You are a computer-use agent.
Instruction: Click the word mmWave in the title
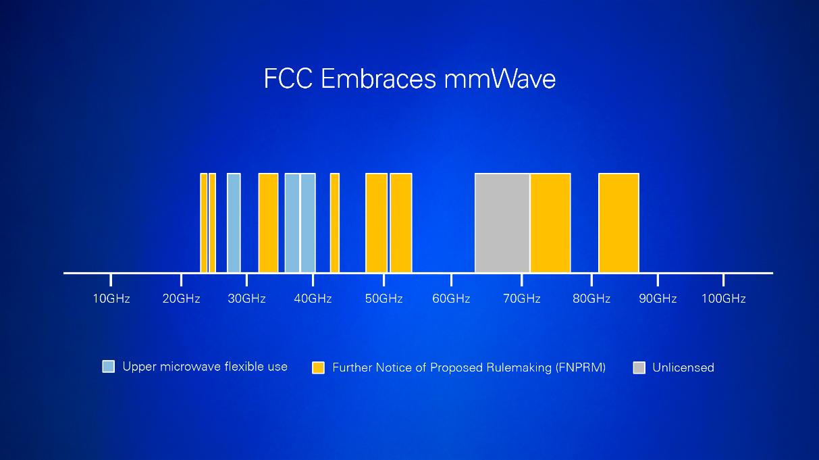click(500, 79)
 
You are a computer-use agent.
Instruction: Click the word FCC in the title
click(289, 79)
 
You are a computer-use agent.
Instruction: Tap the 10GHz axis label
click(111, 299)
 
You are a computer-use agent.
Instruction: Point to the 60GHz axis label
click(451, 299)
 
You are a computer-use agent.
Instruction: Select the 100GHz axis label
click(723, 299)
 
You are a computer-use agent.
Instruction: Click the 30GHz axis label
click(246, 299)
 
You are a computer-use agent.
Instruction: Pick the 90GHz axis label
click(658, 299)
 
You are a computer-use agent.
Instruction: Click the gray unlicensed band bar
click(502, 223)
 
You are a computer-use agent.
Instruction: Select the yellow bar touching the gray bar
click(550, 223)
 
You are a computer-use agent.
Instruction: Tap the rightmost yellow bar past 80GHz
click(618, 223)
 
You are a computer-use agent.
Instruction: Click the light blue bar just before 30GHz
click(234, 223)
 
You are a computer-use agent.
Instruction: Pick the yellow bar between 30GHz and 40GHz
click(268, 223)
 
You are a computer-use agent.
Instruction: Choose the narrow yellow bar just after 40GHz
click(334, 223)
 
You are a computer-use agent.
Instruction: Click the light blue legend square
click(109, 367)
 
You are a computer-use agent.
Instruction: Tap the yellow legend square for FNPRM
click(318, 367)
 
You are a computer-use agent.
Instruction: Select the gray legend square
click(639, 367)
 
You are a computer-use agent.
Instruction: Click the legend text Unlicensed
click(683, 367)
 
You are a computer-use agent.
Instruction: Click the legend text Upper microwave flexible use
click(205, 367)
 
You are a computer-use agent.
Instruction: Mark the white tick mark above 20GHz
click(181, 279)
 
